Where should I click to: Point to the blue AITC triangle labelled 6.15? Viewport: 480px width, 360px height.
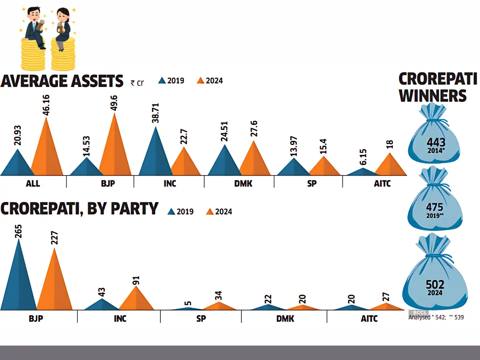coord(363,172)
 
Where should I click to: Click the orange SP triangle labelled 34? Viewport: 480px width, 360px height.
coord(218,306)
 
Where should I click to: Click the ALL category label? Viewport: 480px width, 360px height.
coord(32,184)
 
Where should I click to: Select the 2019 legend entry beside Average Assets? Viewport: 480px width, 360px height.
coord(171,80)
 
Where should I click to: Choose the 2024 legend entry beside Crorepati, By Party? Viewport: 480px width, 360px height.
coord(219,211)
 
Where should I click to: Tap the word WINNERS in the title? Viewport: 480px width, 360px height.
coord(433,96)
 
